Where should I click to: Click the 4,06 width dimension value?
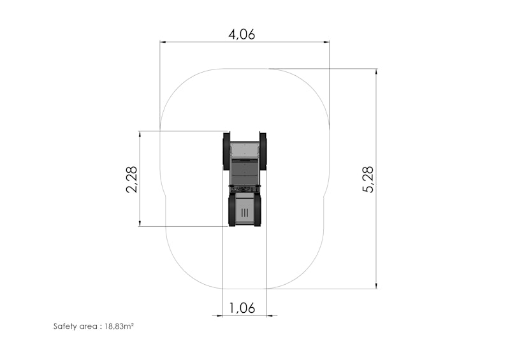(242, 34)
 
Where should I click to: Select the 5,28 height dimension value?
(368, 179)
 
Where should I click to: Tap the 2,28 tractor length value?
(131, 179)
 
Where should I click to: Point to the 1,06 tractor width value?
(242, 308)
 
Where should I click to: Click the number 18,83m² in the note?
(118, 326)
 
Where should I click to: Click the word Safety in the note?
(64, 326)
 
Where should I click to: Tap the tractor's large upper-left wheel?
(226, 151)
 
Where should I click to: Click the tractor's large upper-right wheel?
(263, 151)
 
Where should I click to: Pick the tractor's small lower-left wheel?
(231, 210)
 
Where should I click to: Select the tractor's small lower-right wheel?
(258, 210)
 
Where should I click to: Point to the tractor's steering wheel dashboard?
(245, 189)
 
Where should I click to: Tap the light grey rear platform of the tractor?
(245, 150)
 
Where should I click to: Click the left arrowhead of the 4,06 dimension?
(163, 43)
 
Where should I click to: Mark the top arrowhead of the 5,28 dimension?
(377, 72)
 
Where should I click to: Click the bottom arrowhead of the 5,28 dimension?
(377, 285)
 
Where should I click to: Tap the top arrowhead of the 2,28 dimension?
(140, 134)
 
